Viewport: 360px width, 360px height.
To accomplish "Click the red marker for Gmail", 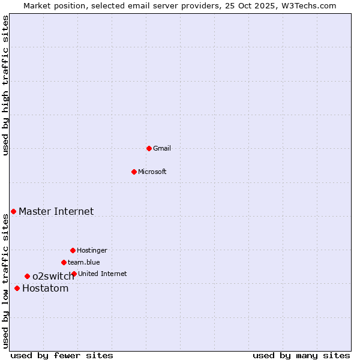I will [x=149, y=148].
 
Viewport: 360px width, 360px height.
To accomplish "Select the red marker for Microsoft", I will [x=134, y=172].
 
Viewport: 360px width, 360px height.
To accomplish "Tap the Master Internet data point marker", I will [x=13, y=211].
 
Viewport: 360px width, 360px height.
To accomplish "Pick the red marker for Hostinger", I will [x=73, y=250].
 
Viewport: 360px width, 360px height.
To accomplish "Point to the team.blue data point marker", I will [x=64, y=262].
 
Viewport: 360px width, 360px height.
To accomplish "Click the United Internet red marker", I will [x=74, y=274].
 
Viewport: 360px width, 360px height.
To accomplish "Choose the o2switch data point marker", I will [x=27, y=276].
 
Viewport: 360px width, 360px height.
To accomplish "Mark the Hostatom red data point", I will [x=17, y=288].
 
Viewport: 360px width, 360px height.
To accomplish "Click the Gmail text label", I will [x=162, y=148].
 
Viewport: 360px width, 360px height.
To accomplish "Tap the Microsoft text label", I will [x=152, y=172].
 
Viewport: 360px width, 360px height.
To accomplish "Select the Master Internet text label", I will [x=56, y=211].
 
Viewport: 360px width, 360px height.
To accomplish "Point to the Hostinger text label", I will [x=92, y=250].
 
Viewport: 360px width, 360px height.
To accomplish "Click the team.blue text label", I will [x=84, y=262].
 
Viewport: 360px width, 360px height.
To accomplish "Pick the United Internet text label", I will [x=103, y=274].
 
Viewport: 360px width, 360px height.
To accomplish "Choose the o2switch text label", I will [x=53, y=276].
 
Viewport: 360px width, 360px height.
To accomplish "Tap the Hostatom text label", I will [x=46, y=288].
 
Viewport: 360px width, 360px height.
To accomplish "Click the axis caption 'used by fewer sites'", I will [x=62, y=355].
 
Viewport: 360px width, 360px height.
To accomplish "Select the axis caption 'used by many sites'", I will [x=301, y=355].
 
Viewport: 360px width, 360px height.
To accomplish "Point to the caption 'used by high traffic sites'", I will [x=5, y=86].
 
